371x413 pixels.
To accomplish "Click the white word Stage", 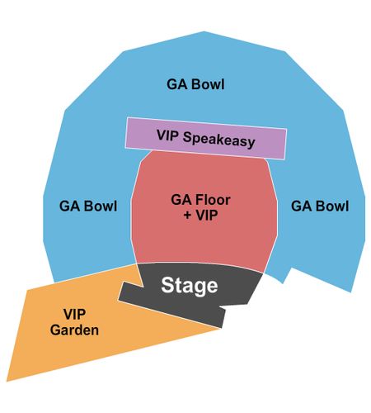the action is [190, 286].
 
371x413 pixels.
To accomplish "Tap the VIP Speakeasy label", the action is [206, 139].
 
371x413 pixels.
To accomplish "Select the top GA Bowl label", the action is [195, 84].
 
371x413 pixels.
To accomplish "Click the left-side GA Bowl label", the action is [88, 206].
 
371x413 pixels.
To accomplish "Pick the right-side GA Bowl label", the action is [320, 206].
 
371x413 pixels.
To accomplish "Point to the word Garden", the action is [74, 330].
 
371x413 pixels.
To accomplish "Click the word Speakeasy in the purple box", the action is [219, 140].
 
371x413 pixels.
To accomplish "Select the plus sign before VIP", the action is [187, 216].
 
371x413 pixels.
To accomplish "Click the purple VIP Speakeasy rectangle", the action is [206, 138].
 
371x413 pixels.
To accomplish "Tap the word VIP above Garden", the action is [74, 314].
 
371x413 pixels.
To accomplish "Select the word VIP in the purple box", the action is [168, 135].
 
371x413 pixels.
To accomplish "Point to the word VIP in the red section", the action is [206, 216].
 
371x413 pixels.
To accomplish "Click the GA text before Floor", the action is [180, 200].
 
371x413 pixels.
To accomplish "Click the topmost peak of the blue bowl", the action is [204, 31].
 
